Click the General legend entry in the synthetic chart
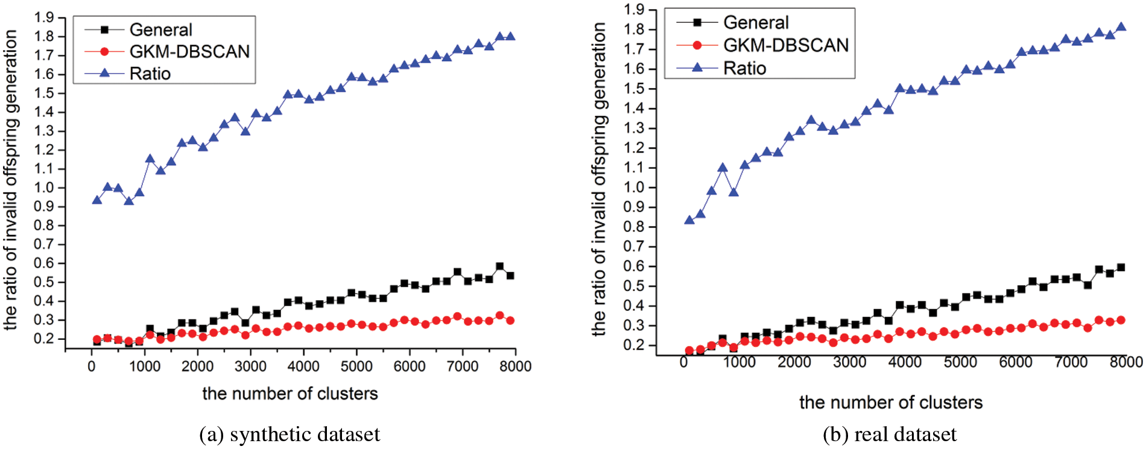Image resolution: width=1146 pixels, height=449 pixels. click(160, 30)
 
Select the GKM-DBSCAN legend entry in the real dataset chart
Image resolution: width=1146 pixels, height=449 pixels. click(785, 45)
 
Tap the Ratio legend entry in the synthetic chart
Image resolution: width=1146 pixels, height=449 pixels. click(150, 74)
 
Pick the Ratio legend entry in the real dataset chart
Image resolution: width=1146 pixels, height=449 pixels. click(744, 68)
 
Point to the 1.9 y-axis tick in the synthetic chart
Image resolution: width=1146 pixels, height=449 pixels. click(44, 17)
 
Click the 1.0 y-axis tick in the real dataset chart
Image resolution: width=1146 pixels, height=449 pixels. click(634, 187)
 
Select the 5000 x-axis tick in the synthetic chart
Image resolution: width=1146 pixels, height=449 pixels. click(356, 366)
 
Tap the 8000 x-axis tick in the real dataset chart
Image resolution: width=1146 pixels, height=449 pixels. click(1126, 362)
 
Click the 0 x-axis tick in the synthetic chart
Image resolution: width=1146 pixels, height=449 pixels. click(92, 366)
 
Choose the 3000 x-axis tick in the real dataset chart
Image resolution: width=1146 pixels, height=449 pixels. click(849, 362)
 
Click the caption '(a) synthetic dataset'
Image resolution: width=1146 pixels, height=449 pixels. click(290, 434)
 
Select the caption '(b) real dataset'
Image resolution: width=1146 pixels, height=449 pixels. click(890, 434)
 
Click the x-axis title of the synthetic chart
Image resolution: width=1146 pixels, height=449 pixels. click(290, 394)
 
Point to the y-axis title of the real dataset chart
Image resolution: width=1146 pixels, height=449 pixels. click(599, 179)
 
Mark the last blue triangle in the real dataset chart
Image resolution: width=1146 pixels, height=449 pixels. click(1121, 27)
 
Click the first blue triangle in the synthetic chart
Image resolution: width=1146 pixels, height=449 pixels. click(97, 199)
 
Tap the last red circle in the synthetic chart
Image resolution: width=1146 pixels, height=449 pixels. click(510, 321)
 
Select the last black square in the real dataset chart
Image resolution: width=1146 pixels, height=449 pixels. click(1121, 267)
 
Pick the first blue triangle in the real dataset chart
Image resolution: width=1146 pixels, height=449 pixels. click(689, 220)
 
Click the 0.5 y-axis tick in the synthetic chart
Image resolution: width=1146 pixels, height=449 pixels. click(44, 282)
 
